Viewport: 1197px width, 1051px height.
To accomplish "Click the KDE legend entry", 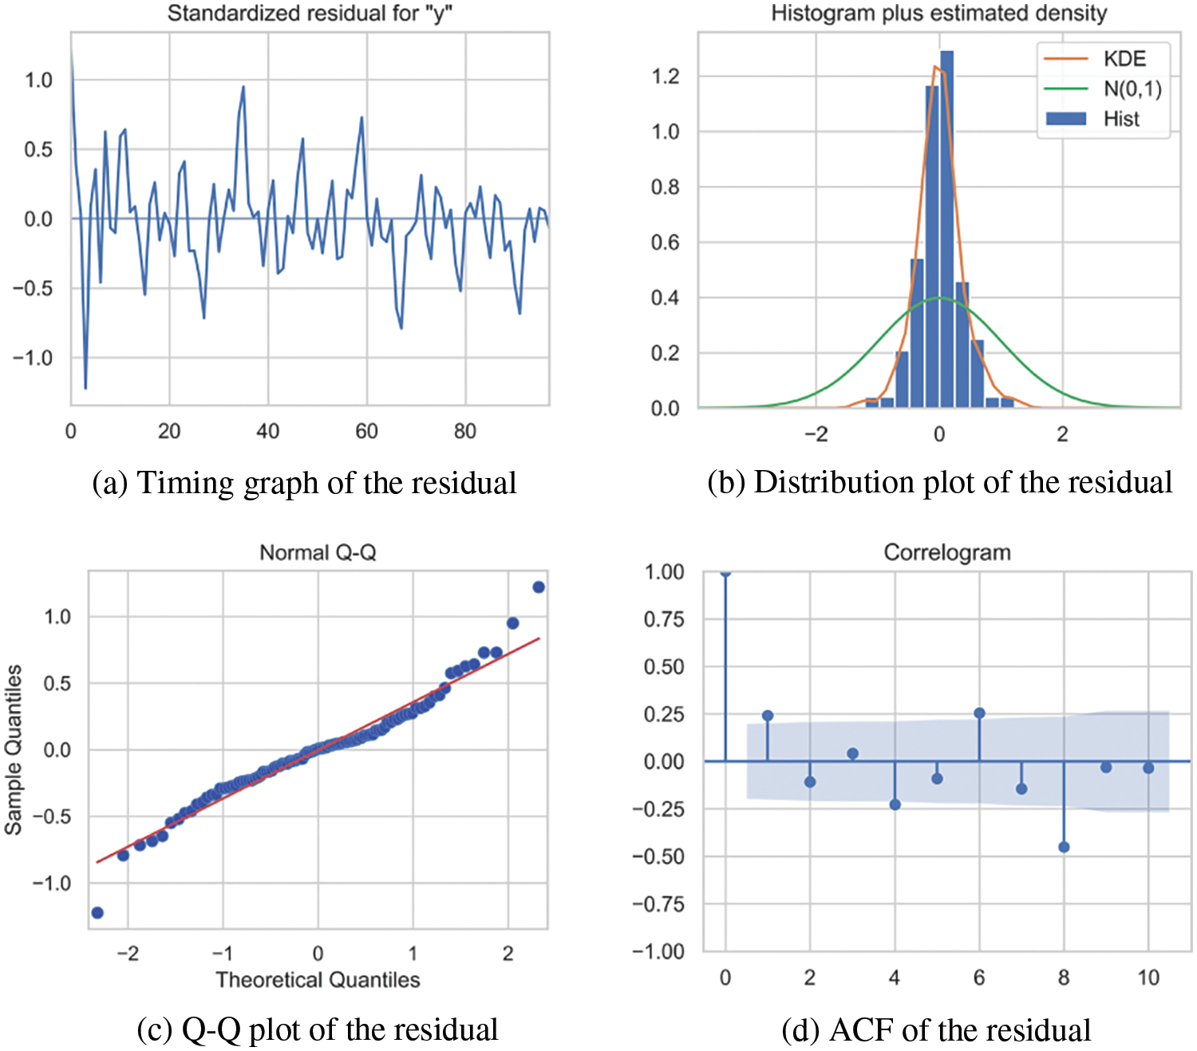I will [x=1124, y=59].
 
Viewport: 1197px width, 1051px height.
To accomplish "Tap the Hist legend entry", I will [x=1120, y=119].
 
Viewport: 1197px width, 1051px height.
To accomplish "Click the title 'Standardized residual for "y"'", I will [x=310, y=14].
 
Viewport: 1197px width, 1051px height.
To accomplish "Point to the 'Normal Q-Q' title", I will [x=318, y=552].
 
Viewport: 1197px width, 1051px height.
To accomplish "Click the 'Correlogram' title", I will [x=946, y=552].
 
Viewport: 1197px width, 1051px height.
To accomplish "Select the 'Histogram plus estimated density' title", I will [x=938, y=14].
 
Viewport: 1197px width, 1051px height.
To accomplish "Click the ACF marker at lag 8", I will [x=1064, y=847].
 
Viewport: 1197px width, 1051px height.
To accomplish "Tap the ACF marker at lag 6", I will [x=979, y=713].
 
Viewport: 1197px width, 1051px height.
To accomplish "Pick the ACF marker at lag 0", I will [x=725, y=572].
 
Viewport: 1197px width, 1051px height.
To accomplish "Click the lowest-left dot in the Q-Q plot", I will [x=97, y=912].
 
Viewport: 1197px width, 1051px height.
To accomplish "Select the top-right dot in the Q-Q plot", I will [x=539, y=587].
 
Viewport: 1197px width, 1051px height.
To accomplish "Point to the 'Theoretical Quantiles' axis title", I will [x=318, y=979].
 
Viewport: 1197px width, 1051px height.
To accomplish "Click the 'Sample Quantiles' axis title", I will [x=14, y=749].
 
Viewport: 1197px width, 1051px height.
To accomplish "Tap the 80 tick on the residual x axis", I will [x=464, y=432].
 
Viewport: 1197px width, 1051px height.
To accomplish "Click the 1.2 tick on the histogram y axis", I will [x=665, y=77].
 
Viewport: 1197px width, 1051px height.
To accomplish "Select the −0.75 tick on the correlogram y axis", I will [x=658, y=904].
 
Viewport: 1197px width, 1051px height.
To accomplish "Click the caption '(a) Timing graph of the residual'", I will [x=304, y=484].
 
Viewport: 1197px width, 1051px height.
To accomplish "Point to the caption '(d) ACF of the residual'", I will [x=936, y=1030].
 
